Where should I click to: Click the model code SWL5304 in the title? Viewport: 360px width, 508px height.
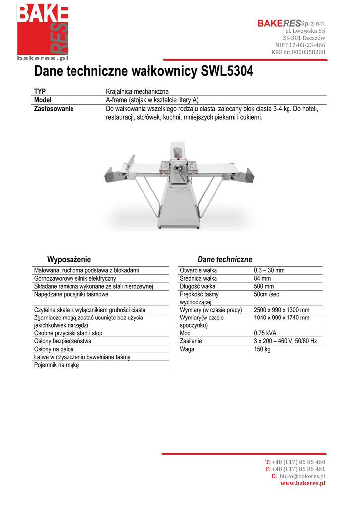pyautogui.click(x=227, y=72)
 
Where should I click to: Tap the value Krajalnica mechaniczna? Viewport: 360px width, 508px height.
pyautogui.click(x=138, y=92)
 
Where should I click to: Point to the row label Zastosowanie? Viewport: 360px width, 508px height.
pyautogui.click(x=54, y=109)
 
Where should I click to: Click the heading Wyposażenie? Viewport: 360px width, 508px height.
pyautogui.click(x=69, y=259)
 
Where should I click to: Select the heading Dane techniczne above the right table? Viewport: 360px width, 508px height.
pyautogui.click(x=224, y=259)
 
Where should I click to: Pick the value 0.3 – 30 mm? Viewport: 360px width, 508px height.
pyautogui.click(x=269, y=270)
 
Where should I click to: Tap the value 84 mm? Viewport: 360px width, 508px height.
pyautogui.click(x=263, y=278)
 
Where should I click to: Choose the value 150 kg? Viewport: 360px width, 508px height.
pyautogui.click(x=262, y=349)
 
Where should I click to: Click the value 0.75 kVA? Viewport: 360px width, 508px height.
pyautogui.click(x=266, y=333)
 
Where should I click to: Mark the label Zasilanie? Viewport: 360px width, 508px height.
pyautogui.click(x=191, y=341)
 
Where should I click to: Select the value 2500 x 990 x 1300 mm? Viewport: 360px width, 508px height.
pyautogui.click(x=282, y=310)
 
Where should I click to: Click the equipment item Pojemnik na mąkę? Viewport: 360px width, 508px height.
pyautogui.click(x=56, y=365)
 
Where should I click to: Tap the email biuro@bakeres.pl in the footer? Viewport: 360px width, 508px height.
pyautogui.click(x=302, y=476)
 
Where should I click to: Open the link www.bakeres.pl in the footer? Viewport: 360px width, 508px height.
pyautogui.click(x=303, y=483)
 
